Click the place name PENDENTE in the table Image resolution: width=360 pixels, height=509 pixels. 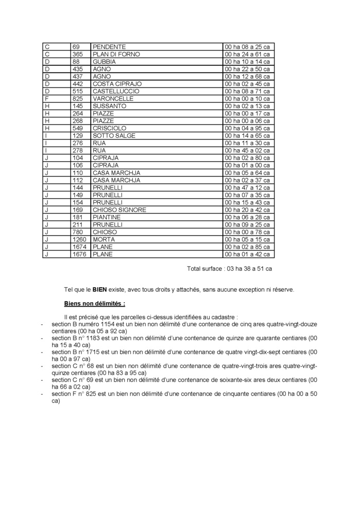109,47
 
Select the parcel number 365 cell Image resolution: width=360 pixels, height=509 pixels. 77,54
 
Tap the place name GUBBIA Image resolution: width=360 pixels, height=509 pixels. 104,62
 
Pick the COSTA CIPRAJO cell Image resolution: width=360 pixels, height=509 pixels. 117,84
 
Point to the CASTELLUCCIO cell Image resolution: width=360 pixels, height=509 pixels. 115,91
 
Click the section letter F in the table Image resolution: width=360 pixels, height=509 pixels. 47,98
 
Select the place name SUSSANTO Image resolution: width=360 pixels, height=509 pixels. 109,106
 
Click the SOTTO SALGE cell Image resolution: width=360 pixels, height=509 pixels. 114,136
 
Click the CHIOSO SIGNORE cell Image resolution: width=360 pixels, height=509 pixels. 119,210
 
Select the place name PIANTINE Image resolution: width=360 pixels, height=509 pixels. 107,217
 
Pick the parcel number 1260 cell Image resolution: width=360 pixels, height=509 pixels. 79,239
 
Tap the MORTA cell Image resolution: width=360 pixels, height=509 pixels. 104,239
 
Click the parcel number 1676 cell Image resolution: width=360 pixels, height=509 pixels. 79,254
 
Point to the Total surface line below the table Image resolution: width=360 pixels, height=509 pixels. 229,269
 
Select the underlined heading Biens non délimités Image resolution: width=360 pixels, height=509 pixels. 94,304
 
